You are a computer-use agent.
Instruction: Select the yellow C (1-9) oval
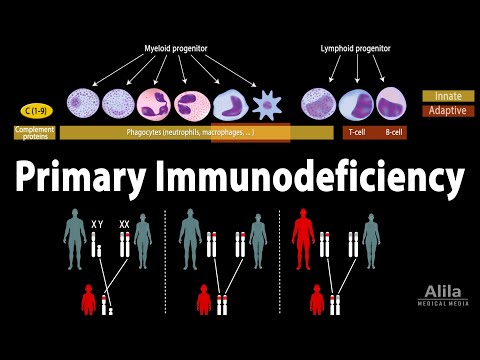[x=34, y=111]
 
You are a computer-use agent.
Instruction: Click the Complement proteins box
[x=34, y=131]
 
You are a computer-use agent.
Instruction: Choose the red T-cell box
[x=357, y=132]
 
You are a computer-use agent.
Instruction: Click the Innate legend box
[x=447, y=96]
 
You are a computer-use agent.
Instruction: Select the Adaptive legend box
[x=447, y=110]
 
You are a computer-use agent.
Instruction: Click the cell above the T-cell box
[x=357, y=104]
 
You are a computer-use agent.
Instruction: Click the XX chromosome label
[x=125, y=226]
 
